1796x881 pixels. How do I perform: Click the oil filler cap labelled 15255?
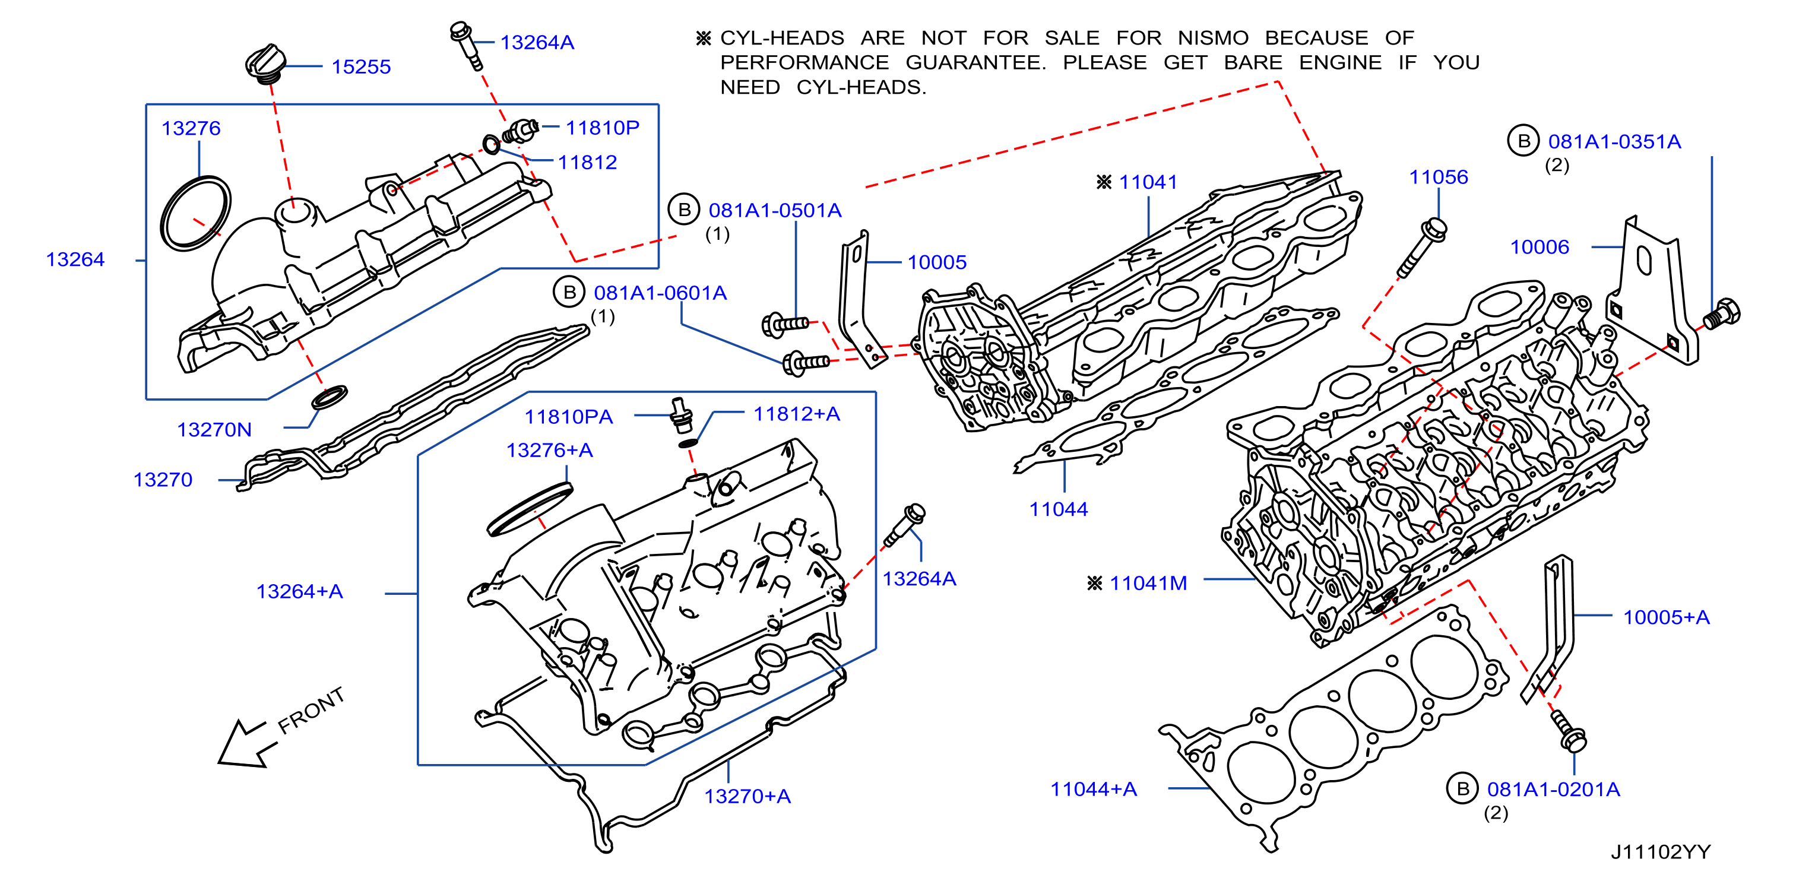point(265,64)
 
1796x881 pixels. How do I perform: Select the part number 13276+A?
point(549,450)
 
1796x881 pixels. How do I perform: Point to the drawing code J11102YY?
point(1661,852)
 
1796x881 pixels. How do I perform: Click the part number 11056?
point(1439,177)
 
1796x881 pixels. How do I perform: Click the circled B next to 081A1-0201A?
point(1463,788)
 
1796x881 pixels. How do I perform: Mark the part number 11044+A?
point(1093,789)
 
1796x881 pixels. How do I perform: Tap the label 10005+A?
point(1667,617)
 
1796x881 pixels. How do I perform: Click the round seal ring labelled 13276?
point(195,213)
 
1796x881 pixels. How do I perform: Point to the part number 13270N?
point(214,429)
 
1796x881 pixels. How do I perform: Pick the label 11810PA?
point(568,417)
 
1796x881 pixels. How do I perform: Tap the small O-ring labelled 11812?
point(492,145)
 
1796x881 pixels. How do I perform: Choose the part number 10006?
point(1540,247)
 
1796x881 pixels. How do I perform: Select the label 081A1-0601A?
point(660,293)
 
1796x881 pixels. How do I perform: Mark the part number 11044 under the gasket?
point(1059,509)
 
